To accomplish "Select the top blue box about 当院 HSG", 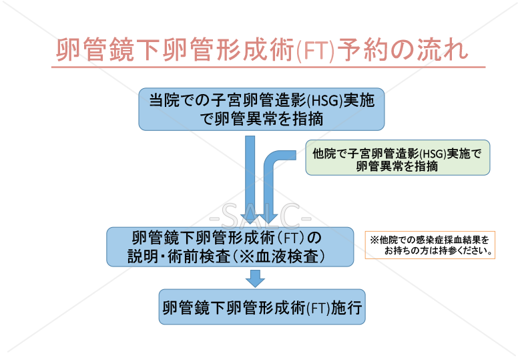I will pyautogui.click(x=262, y=109).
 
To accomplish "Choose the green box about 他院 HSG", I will pyautogui.click(x=397, y=158).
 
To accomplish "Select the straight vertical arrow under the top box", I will pyautogui.click(x=250, y=174).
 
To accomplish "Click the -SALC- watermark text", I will pyautogui.click(x=260, y=216).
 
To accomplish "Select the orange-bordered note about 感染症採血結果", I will pyautogui.click(x=429, y=245).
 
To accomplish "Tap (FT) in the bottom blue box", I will pyautogui.click(x=319, y=308).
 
